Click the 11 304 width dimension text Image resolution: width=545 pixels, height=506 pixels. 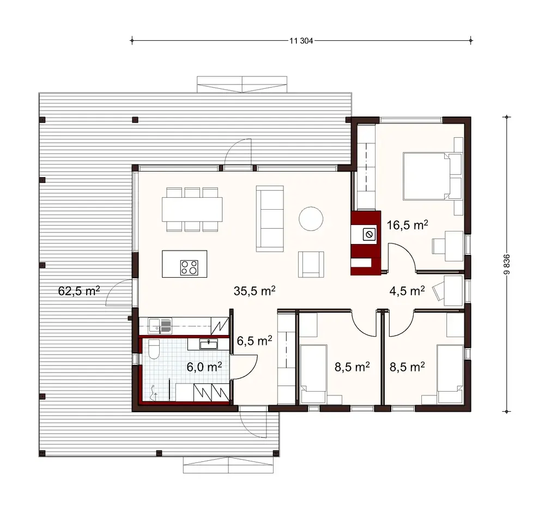(301, 40)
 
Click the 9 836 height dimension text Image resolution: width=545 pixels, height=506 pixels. (507, 264)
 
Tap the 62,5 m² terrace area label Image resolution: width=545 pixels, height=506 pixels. (78, 290)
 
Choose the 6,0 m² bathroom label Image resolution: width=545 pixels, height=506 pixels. (204, 367)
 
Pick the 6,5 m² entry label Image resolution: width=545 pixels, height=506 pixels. (254, 341)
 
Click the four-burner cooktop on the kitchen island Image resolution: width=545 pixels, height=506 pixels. (190, 267)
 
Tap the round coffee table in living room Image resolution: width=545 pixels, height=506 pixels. (311, 219)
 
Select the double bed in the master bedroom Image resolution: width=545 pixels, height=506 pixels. (431, 176)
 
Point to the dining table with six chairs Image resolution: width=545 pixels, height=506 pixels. (192, 209)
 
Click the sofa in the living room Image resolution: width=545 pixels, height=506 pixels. (270, 218)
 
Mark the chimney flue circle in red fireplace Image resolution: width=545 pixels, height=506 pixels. (368, 235)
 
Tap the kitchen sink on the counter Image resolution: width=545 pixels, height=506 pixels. (162, 326)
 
